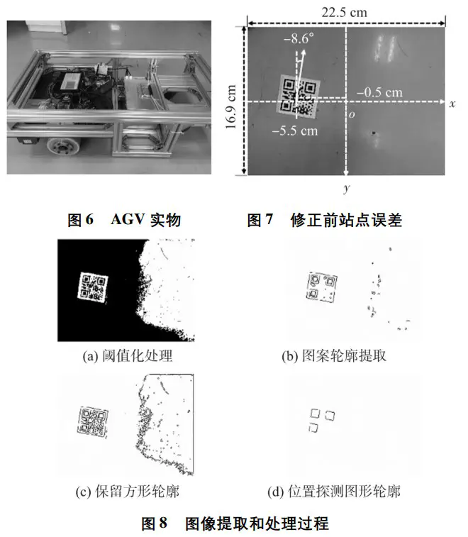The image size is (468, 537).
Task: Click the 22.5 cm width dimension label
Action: pos(344,13)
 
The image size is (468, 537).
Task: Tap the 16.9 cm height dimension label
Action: pos(231,106)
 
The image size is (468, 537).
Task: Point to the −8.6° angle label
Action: pos(299,39)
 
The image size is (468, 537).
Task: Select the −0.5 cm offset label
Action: pos(379,92)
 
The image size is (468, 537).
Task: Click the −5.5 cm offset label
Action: pos(295,131)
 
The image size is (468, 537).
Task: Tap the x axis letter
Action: pos(452,104)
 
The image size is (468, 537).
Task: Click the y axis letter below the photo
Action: pos(347,188)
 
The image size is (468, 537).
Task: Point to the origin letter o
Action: pos(352,115)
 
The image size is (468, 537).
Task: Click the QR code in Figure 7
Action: pos(299,97)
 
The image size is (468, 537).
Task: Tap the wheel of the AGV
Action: pos(64,146)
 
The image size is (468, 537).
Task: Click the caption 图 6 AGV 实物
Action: pos(124,219)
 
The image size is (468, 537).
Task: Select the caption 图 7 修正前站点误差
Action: pos(324,219)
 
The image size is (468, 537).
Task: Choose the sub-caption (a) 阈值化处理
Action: pos(128,356)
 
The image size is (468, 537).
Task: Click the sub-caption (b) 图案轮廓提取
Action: pos(334,356)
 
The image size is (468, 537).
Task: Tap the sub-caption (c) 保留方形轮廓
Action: pos(128,492)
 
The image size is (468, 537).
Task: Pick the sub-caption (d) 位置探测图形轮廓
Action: pos(334,492)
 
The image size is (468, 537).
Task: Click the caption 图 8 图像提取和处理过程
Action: pos(235,524)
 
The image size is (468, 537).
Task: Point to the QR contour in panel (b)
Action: pos(322,287)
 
